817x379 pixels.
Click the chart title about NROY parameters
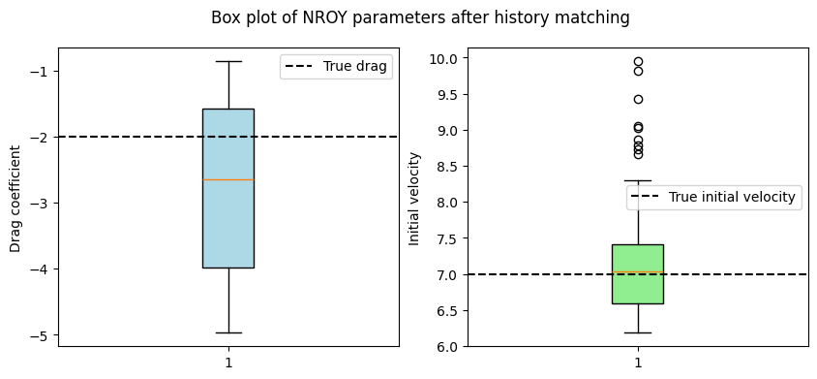420,17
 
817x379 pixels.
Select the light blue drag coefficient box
228,188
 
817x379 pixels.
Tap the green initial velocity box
638,274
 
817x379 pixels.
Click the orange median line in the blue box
228,179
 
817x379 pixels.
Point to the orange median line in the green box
638,272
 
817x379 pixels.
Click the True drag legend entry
336,67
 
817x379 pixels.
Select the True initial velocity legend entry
712,198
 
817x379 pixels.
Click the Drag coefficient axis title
15,199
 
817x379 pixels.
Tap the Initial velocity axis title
414,199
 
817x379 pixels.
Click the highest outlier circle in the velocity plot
638,62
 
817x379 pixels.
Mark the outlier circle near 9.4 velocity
638,99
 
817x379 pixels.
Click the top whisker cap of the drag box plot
228,62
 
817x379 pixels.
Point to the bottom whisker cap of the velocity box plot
638,332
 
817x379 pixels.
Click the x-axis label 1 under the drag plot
228,363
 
